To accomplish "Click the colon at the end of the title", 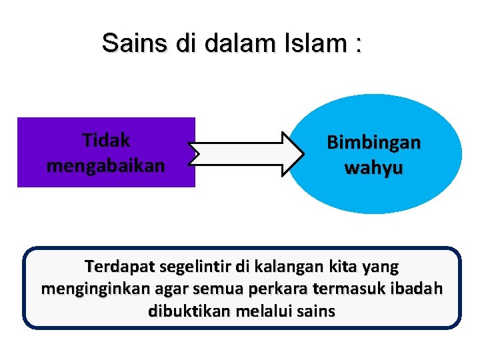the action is click(x=359, y=45).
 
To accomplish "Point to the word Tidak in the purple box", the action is click(x=106, y=141).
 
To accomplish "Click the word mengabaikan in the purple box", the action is click(x=105, y=165).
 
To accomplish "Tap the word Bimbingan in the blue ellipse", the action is click(x=373, y=143).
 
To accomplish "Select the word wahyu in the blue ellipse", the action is click(x=373, y=167).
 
